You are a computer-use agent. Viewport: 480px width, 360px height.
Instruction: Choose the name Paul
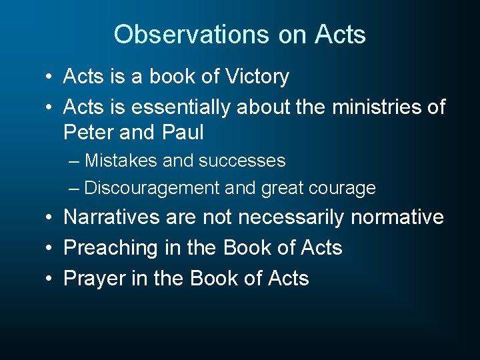point(183,132)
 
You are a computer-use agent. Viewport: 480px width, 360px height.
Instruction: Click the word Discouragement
point(152,188)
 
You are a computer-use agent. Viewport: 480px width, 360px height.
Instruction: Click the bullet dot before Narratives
point(50,217)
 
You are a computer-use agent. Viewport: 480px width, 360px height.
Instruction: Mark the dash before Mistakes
point(75,161)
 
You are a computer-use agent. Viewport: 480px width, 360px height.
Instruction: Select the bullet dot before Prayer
point(50,278)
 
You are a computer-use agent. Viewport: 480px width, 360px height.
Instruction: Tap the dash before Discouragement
point(75,188)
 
